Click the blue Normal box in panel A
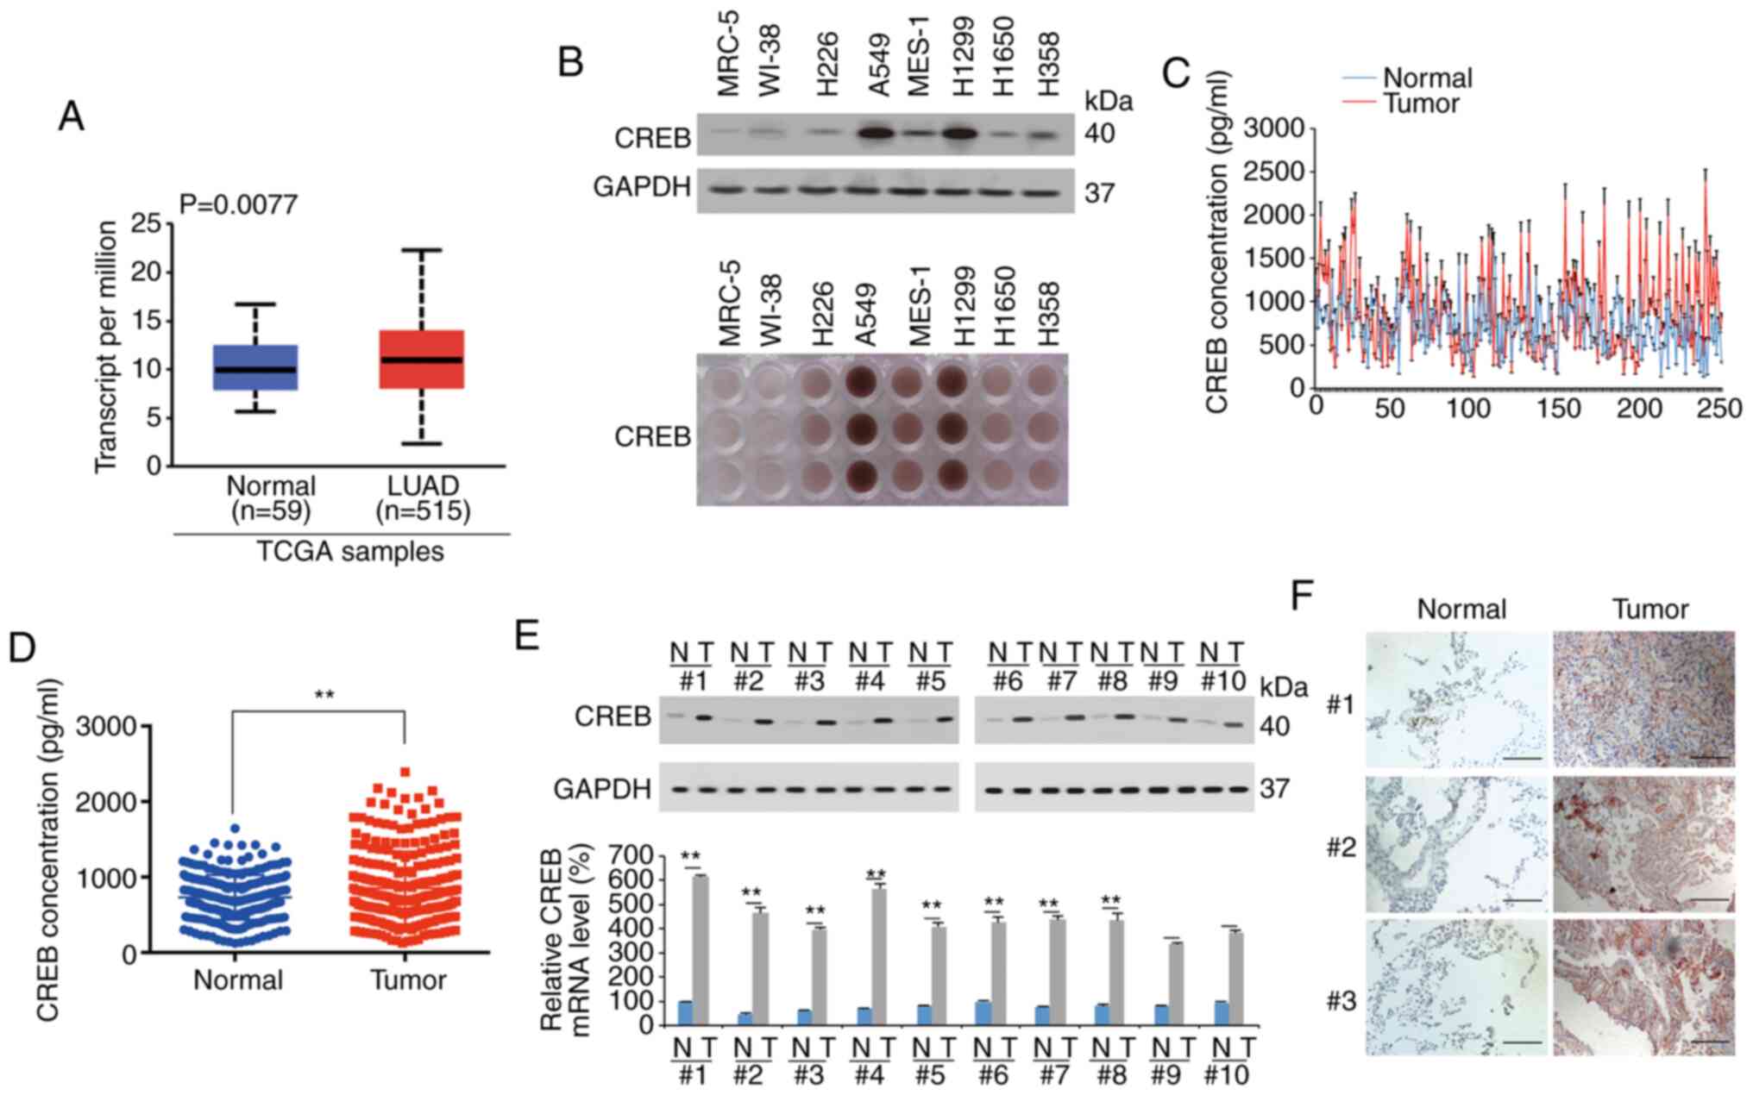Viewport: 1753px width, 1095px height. (x=255, y=367)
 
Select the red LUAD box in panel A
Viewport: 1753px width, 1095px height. (x=422, y=359)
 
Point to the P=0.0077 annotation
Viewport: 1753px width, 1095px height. (x=239, y=204)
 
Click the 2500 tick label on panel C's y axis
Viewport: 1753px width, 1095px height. (x=1272, y=172)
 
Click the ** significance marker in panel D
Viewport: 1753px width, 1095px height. (x=324, y=694)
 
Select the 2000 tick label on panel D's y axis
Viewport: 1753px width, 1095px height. (x=107, y=802)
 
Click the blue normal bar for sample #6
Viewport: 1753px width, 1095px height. (x=982, y=1012)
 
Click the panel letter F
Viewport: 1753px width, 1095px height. (x=1303, y=596)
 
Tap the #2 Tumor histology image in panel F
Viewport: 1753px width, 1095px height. (x=1643, y=844)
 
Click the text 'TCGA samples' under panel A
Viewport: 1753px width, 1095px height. (x=350, y=551)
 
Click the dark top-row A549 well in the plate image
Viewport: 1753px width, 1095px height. (x=866, y=382)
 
